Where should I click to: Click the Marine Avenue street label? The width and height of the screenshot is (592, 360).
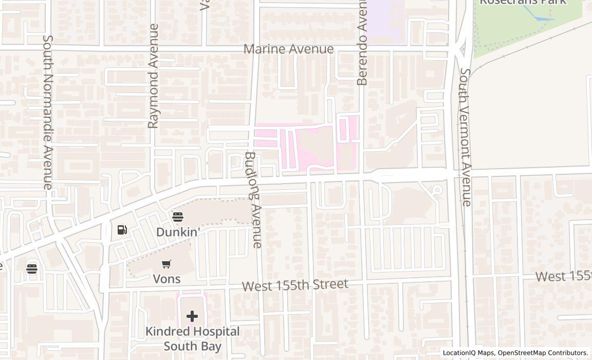pos(288,49)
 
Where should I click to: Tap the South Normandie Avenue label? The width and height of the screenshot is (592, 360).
pos(47,112)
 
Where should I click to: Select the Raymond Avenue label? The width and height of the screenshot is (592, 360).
pos(153,76)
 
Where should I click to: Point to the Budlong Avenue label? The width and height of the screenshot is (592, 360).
pos(253,200)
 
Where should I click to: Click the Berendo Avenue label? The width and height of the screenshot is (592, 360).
pos(362,43)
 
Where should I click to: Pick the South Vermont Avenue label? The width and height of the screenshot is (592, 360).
pos(465,137)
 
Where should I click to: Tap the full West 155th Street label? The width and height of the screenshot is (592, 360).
pos(295,285)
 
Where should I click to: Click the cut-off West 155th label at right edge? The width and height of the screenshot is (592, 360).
pos(563,276)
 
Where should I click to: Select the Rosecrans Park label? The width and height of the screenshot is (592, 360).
pos(523,2)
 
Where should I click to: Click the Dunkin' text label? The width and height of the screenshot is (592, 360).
pos(178,232)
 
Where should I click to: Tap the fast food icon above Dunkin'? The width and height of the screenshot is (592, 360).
pos(178,217)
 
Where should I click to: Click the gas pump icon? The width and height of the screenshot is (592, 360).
pos(122,230)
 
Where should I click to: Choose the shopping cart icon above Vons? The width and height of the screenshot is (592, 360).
pos(166,264)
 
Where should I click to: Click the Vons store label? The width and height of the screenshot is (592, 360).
pos(166,279)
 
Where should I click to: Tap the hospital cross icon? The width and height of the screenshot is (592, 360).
pos(192,316)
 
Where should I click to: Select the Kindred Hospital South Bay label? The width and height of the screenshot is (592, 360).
pos(192,338)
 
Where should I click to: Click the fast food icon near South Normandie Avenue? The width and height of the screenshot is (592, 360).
pos(32,268)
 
